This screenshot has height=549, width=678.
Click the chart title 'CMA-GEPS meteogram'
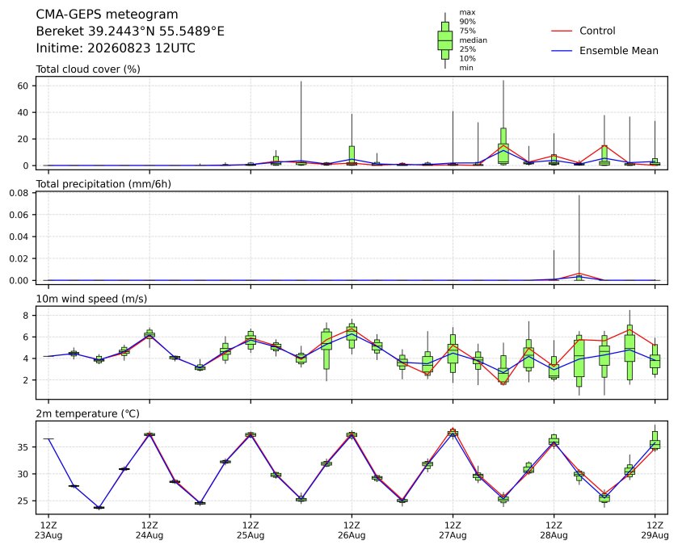tap(107, 15)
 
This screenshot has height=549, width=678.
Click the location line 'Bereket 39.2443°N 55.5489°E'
tap(130, 31)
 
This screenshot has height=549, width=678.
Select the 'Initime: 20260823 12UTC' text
tap(116, 48)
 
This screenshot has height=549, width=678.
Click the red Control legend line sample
tap(562, 31)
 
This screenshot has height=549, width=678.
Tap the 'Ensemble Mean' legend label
tap(619, 51)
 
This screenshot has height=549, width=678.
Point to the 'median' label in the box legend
tap(473, 40)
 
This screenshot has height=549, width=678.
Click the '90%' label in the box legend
tap(467, 22)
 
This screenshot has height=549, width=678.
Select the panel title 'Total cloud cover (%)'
tap(88, 69)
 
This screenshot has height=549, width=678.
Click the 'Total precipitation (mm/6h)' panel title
tap(103, 184)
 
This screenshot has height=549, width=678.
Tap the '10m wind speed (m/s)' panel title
tap(91, 299)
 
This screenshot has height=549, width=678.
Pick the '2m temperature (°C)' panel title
tap(87, 414)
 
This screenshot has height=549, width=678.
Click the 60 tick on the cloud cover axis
tap(23, 86)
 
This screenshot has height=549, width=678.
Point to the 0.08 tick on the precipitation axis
tap(19, 193)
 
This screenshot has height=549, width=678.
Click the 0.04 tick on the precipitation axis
tap(19, 237)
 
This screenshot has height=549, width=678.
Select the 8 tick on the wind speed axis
tap(26, 316)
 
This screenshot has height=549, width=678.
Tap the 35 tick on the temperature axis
tap(23, 447)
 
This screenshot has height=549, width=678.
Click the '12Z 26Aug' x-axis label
tap(352, 530)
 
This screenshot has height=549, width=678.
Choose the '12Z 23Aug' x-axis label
tap(48, 530)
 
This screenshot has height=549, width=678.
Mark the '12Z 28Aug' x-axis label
tap(554, 530)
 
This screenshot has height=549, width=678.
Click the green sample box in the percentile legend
tap(445, 40)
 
